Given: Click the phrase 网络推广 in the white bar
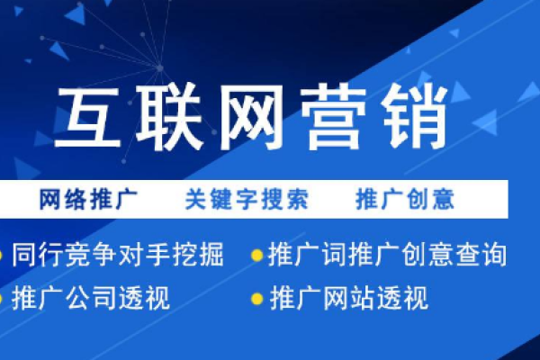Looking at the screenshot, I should pyautogui.click(x=87, y=198).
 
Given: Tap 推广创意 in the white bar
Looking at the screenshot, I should pyautogui.click(x=404, y=198).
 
